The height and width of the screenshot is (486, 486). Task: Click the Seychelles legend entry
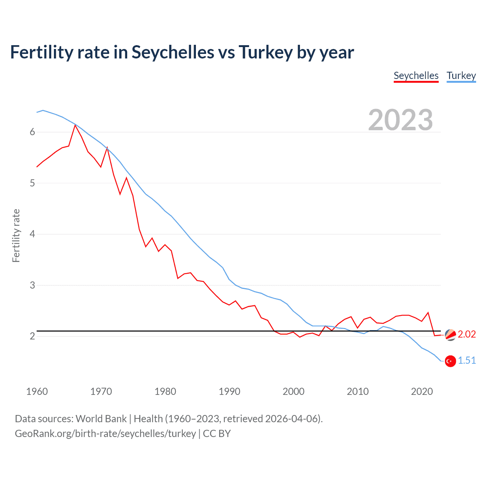pos(416,76)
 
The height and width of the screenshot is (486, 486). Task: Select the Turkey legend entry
pos(461,76)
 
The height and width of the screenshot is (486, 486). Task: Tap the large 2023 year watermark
pos(400,120)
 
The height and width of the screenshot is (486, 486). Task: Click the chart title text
pos(182,52)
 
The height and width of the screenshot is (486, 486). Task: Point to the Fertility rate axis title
pos(16,235)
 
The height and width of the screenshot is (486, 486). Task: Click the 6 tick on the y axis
pos(32,132)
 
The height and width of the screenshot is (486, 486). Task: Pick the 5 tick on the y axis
pos(32,183)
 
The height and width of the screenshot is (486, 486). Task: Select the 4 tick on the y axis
pos(32,234)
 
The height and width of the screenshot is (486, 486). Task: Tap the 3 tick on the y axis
pos(32,285)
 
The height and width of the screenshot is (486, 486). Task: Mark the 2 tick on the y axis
pos(32,336)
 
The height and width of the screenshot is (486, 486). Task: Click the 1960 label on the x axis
pos(37,391)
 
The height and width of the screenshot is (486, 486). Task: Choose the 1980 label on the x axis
pos(165,391)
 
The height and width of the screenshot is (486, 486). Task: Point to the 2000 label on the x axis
pos(293,391)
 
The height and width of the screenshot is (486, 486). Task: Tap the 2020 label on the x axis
pos(422,391)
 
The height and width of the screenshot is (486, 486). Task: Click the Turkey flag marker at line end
pos(450,361)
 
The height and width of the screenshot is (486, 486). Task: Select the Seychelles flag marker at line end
pos(450,335)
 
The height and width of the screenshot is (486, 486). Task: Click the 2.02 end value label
pos(467,334)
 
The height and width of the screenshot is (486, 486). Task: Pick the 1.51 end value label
pos(467,360)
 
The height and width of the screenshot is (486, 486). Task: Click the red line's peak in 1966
pos(75,125)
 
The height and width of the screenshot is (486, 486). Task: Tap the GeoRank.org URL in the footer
pos(105,434)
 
